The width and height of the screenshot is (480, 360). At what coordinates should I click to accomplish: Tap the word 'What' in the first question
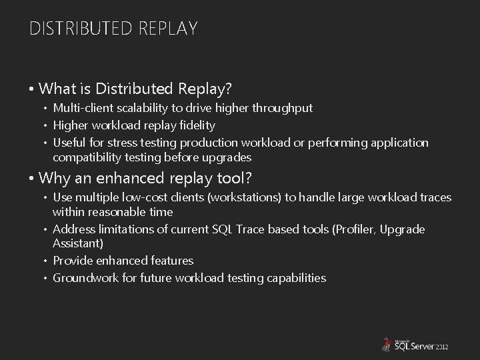click(57, 88)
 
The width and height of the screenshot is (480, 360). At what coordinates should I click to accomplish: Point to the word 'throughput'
click(284, 108)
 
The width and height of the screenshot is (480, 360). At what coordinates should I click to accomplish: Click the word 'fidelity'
click(197, 125)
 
